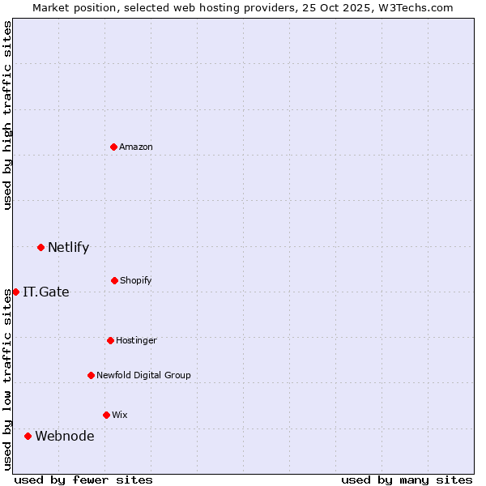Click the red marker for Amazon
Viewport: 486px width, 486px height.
114,147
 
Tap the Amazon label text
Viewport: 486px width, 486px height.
136,147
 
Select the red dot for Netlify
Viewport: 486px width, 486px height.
41,247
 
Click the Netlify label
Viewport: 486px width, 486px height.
68,248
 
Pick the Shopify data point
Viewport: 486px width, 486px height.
115,280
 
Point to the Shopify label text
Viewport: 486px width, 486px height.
136,281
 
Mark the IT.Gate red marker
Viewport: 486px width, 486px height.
15,292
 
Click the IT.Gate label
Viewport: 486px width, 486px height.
46,292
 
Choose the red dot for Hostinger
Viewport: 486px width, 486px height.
111,340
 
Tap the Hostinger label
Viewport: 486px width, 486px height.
136,341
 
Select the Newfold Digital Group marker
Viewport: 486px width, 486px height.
92,375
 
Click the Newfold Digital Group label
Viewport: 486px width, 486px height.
143,376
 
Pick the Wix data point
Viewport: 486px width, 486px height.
106,415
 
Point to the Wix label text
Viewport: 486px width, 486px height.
120,416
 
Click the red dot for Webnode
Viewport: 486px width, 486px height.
28,436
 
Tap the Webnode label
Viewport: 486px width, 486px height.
65,437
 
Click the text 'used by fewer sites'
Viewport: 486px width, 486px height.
83,480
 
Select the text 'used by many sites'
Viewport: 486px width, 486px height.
407,480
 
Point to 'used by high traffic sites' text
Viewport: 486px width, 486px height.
7,115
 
